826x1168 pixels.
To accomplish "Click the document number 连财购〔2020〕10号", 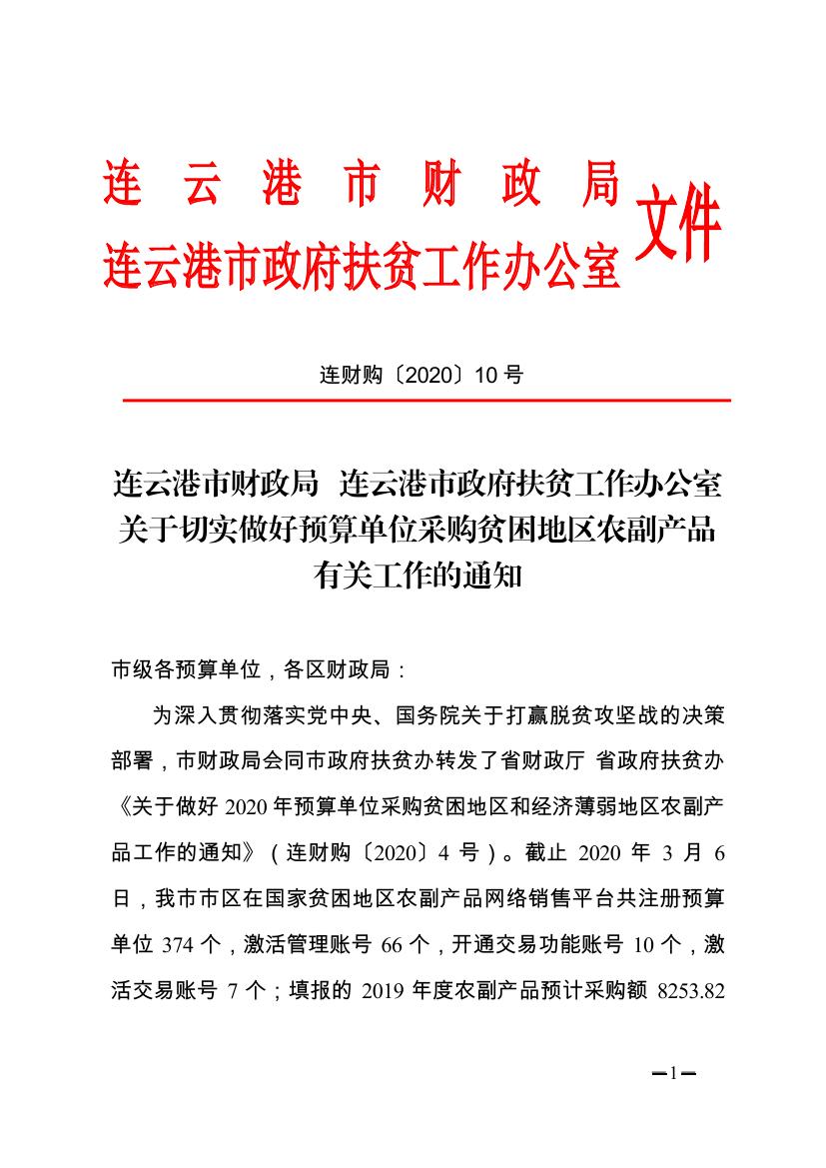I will pos(420,376).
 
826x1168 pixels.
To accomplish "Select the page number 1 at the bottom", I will pos(673,1074).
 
